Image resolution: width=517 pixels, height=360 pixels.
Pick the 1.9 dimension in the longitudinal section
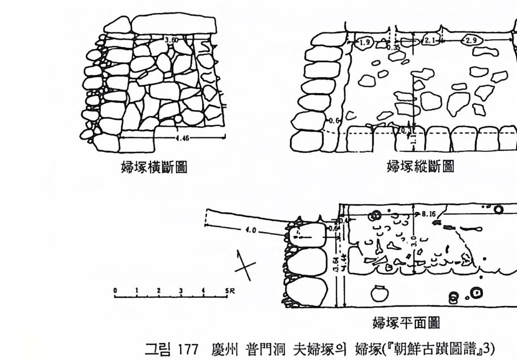[365, 42]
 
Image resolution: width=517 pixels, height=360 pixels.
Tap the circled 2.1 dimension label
[430, 40]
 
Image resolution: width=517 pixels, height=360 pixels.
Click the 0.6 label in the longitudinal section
[335, 120]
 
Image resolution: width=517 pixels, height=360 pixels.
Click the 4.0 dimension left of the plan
[251, 230]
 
